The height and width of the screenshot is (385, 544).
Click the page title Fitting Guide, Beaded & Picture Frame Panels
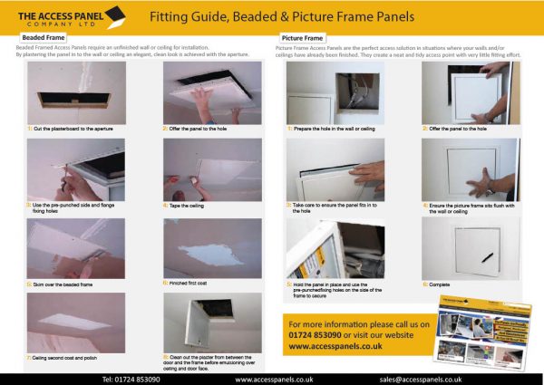[295, 16]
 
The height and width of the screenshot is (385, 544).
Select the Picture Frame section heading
[303, 37]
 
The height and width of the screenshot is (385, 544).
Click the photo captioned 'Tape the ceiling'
[212, 169]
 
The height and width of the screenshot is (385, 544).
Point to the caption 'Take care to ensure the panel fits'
[327, 208]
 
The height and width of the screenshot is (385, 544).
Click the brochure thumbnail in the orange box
[484, 336]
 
